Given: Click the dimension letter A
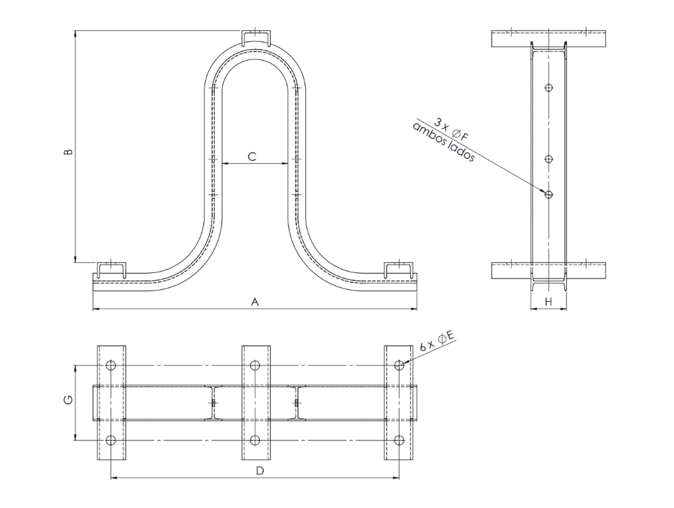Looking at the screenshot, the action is click(x=255, y=303).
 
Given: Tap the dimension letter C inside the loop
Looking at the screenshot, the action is click(x=252, y=157).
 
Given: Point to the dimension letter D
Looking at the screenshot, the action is click(x=260, y=471).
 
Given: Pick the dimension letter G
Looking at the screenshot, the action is click(x=68, y=400).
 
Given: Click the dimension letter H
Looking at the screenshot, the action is click(x=549, y=303).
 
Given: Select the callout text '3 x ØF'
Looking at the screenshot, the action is click(x=451, y=130).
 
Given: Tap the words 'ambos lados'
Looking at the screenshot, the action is click(x=443, y=142).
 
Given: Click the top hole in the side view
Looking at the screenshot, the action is click(x=548, y=88).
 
